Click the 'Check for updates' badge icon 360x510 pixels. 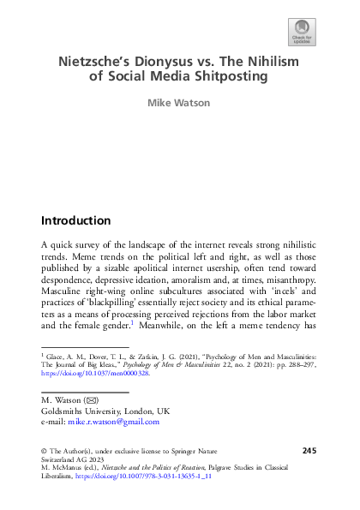[x=303, y=30]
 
